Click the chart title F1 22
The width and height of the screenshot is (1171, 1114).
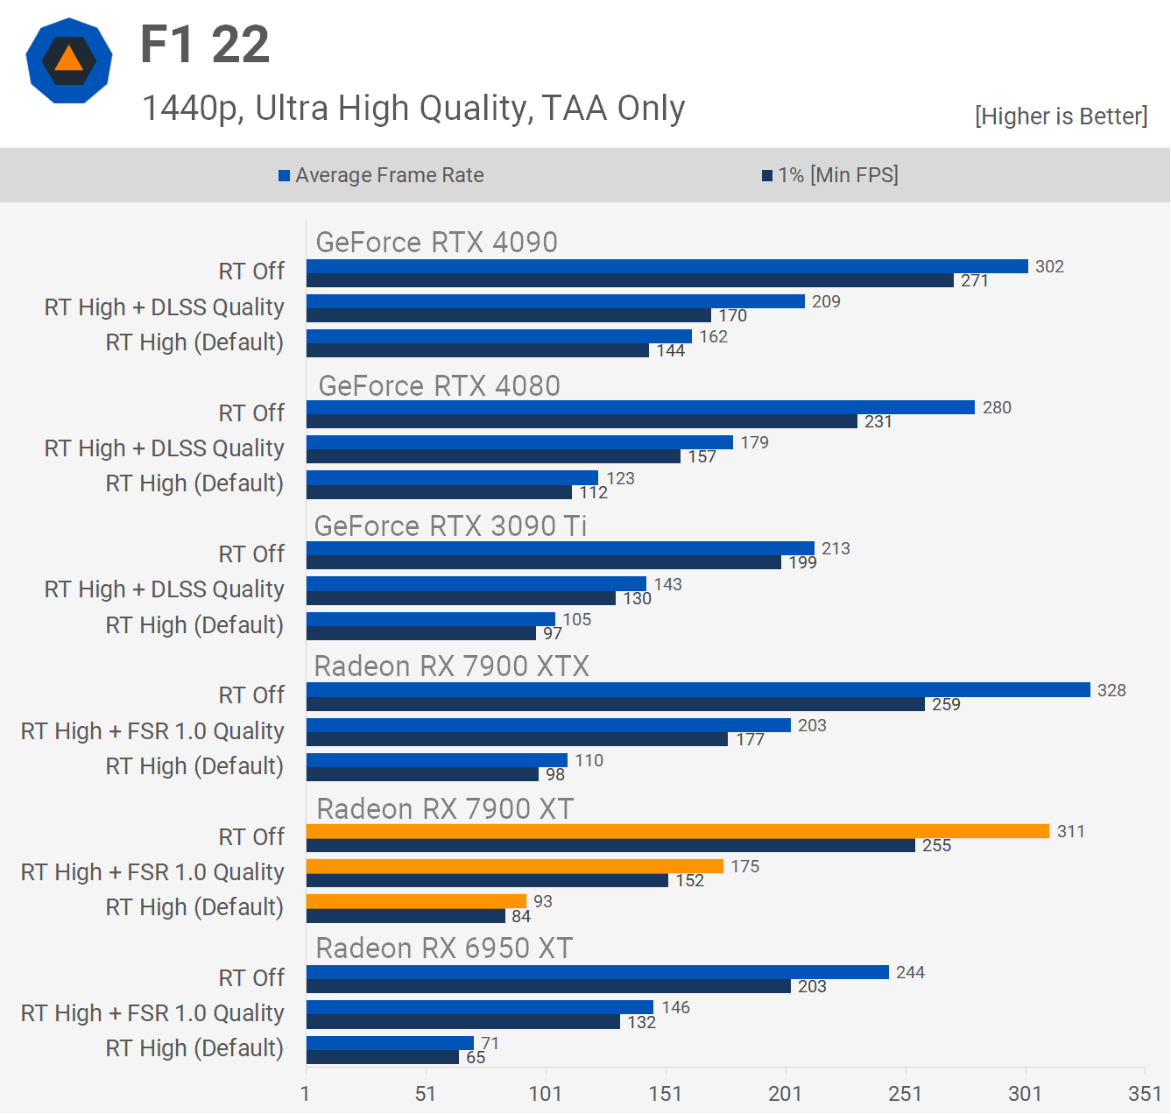click(x=205, y=45)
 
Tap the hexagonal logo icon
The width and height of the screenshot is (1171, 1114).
click(x=69, y=60)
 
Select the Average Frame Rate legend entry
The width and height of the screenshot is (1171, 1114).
click(x=381, y=175)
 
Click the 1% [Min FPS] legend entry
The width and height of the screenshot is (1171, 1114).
click(x=830, y=175)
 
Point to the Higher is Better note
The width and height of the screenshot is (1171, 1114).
click(x=1061, y=116)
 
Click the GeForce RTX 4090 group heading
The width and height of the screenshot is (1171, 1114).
click(x=436, y=243)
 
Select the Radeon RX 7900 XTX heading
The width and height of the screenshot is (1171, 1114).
click(x=451, y=666)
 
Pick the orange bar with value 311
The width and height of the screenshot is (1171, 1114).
click(x=677, y=831)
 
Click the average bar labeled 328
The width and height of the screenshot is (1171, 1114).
click(x=698, y=690)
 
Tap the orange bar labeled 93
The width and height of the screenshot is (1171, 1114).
click(x=416, y=901)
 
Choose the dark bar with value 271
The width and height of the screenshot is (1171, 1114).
click(x=630, y=280)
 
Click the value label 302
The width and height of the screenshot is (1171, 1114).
click(x=1049, y=266)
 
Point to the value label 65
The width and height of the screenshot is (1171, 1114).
click(x=476, y=1057)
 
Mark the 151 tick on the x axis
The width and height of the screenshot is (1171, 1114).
click(x=666, y=1093)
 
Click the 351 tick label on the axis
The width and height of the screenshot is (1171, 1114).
click(x=1145, y=1093)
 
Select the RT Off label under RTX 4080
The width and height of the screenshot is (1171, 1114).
click(x=251, y=412)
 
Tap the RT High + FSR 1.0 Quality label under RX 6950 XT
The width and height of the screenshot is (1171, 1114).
click(x=152, y=1013)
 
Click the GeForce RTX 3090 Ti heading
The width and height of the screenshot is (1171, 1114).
click(x=450, y=525)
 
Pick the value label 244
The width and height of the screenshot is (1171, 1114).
click(x=910, y=972)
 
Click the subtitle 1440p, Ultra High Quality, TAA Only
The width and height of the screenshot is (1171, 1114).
click(x=413, y=109)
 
